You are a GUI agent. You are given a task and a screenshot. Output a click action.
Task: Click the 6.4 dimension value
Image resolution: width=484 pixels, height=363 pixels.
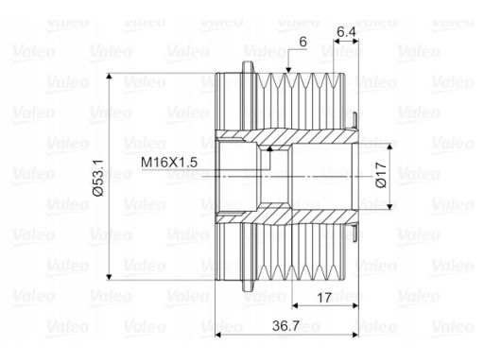click(x=346, y=32)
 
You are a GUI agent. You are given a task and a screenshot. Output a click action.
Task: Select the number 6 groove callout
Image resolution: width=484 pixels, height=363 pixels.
click(x=302, y=42)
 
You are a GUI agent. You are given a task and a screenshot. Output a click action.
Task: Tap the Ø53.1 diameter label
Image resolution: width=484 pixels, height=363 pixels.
click(x=98, y=178)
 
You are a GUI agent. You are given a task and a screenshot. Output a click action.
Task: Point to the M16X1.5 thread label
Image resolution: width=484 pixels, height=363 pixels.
click(x=169, y=163)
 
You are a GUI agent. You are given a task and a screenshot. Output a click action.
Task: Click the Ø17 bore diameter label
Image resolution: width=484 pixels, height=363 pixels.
click(x=381, y=175)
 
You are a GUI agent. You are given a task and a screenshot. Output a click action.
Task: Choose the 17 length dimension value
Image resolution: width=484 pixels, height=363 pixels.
click(x=324, y=298)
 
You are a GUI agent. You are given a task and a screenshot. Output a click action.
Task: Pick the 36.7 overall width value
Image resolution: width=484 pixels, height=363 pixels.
click(x=285, y=326)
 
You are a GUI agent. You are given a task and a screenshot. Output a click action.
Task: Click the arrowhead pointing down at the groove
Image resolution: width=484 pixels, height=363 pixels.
click(x=288, y=70)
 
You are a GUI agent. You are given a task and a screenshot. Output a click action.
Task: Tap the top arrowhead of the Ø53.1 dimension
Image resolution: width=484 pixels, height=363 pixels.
click(x=109, y=77)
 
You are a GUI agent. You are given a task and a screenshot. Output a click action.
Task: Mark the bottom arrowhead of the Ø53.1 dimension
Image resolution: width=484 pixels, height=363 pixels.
click(x=109, y=277)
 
